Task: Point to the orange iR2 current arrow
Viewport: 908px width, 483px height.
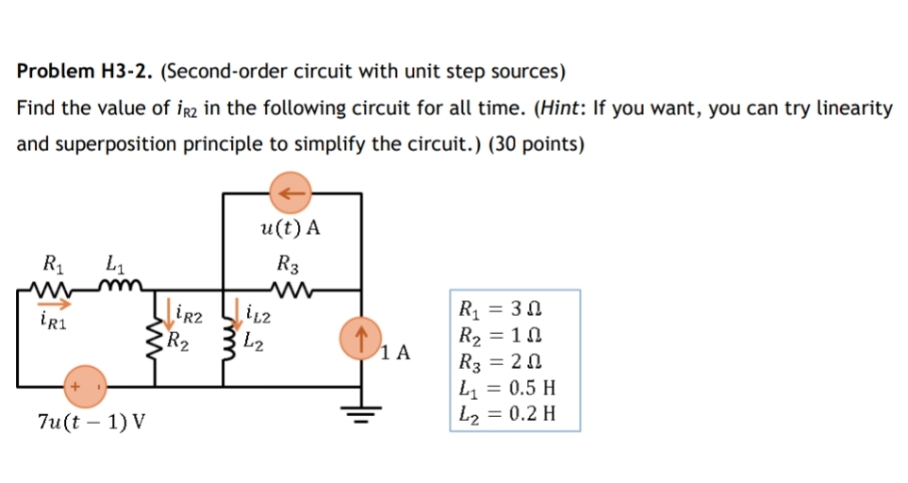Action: [x=174, y=308]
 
